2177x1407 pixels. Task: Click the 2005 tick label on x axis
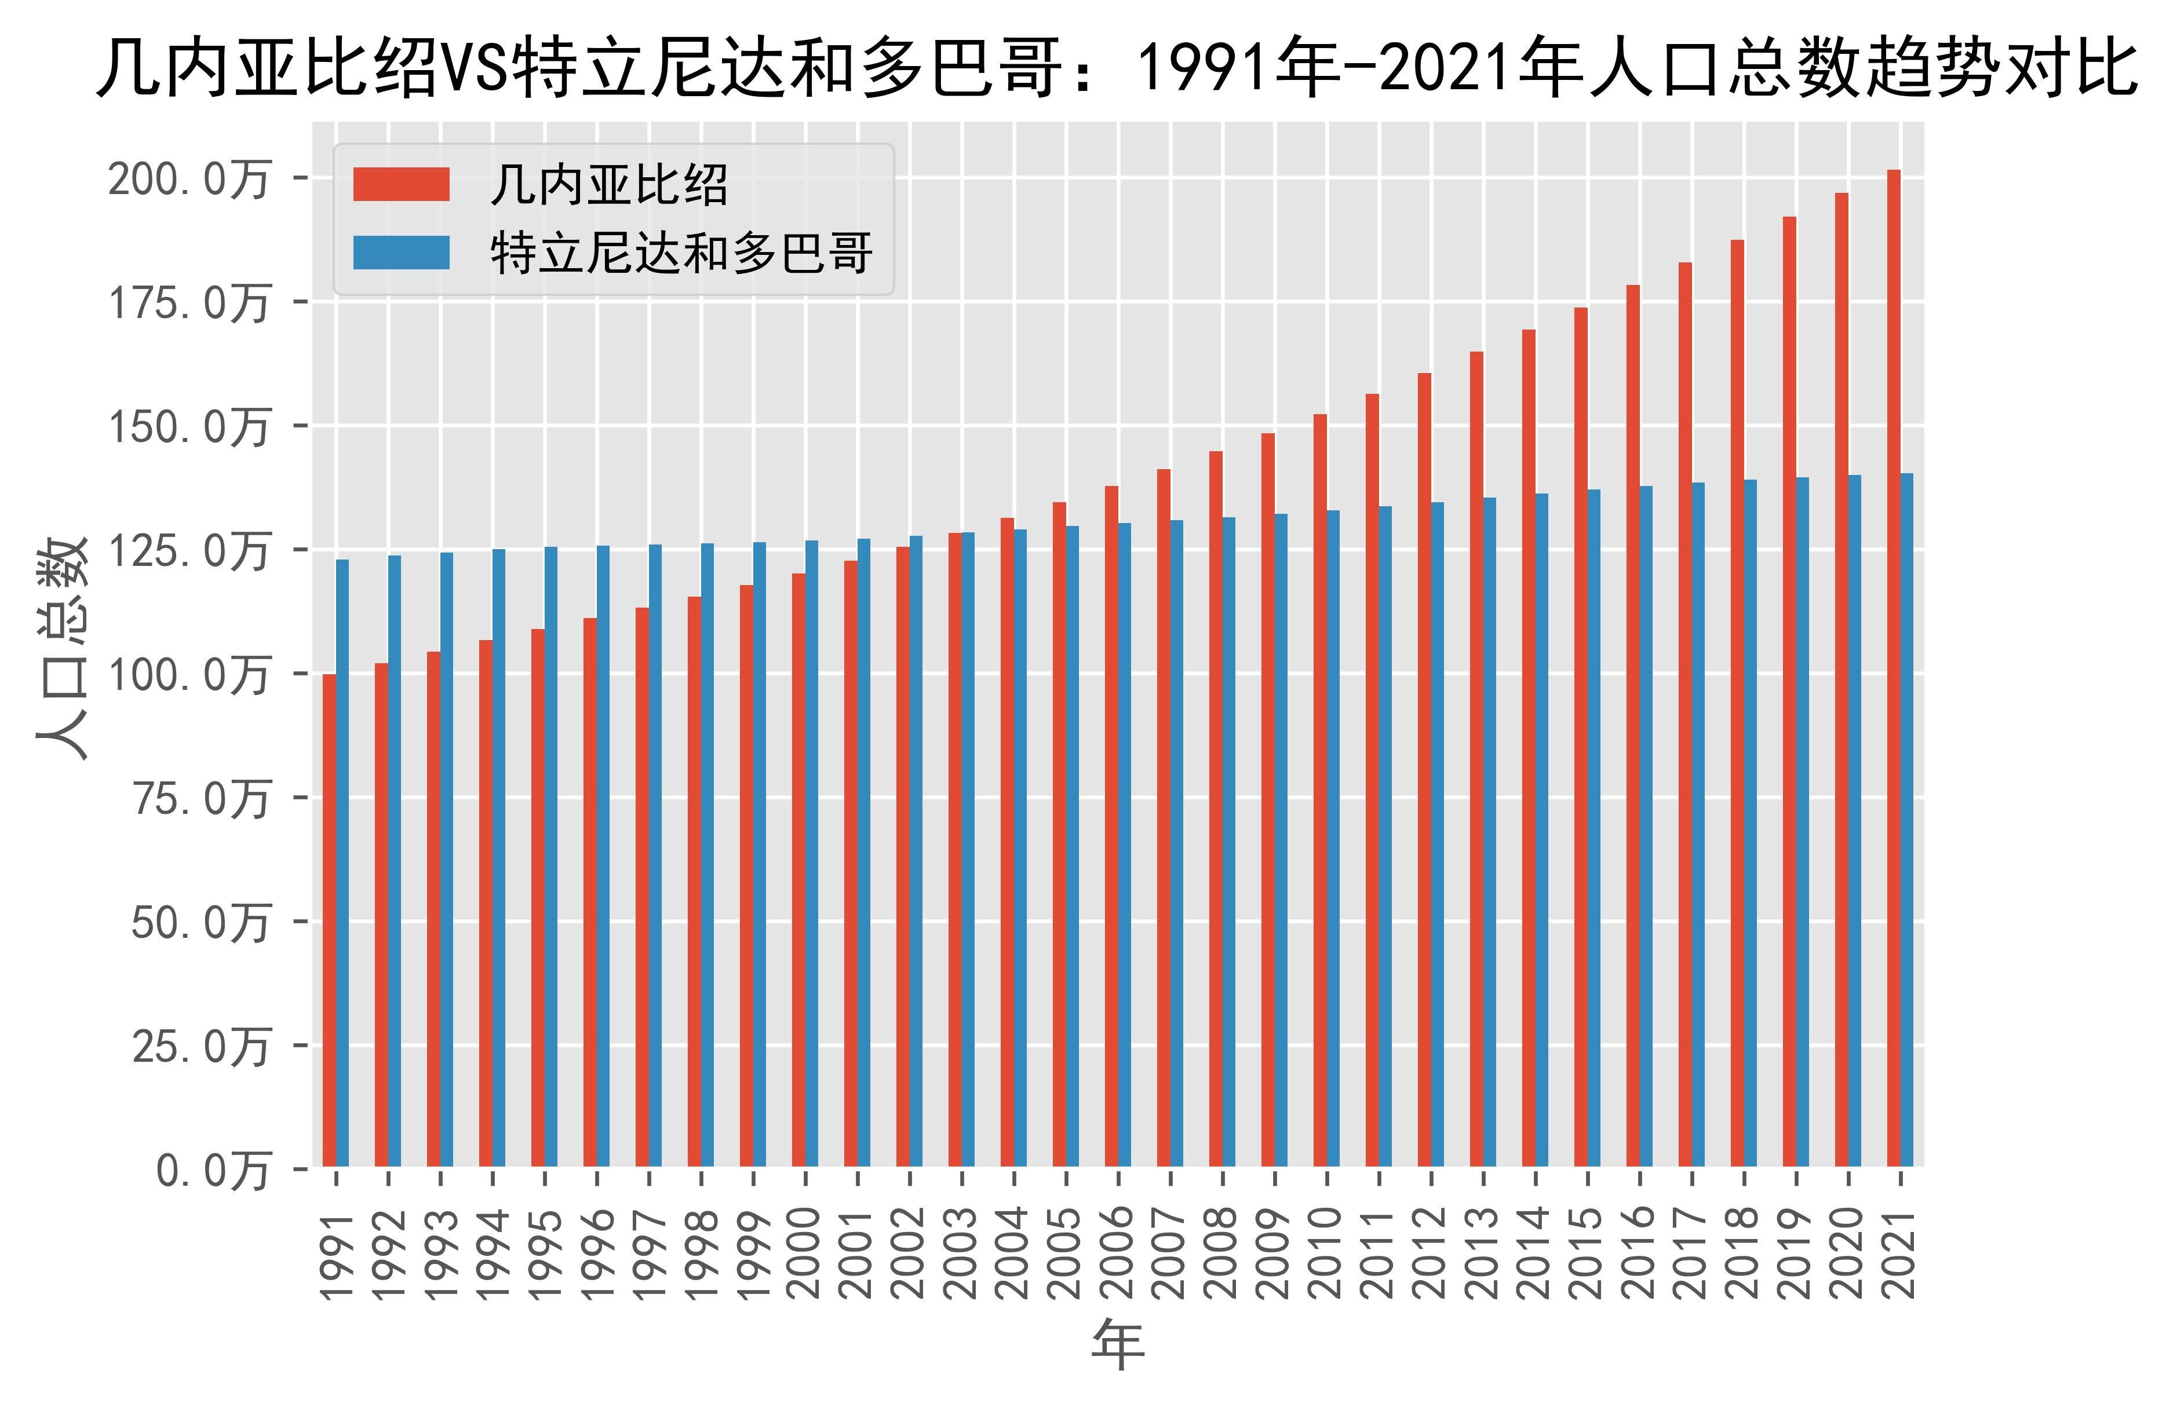coord(1066,1253)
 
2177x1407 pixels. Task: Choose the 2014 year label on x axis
coord(1536,1253)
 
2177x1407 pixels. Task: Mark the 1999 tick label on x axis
coord(753,1253)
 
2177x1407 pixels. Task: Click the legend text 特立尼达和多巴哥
coord(681,253)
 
